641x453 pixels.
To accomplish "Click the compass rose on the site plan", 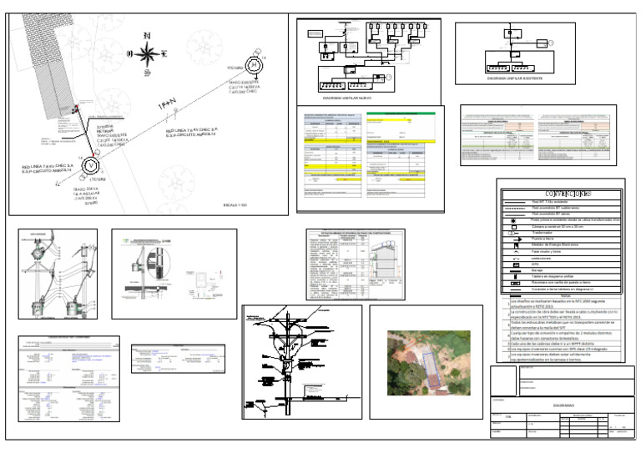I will click(147, 55).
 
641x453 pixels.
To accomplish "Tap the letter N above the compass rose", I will click(147, 35).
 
